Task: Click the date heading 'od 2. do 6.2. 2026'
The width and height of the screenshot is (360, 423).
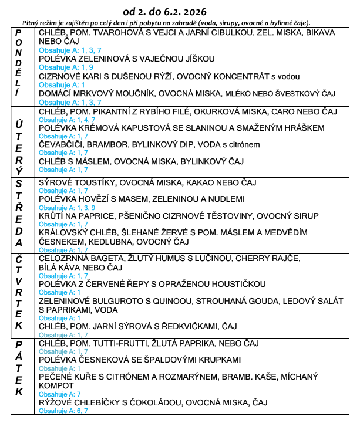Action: (x=165, y=12)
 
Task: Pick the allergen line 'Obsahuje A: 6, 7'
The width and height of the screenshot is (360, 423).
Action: (x=63, y=411)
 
